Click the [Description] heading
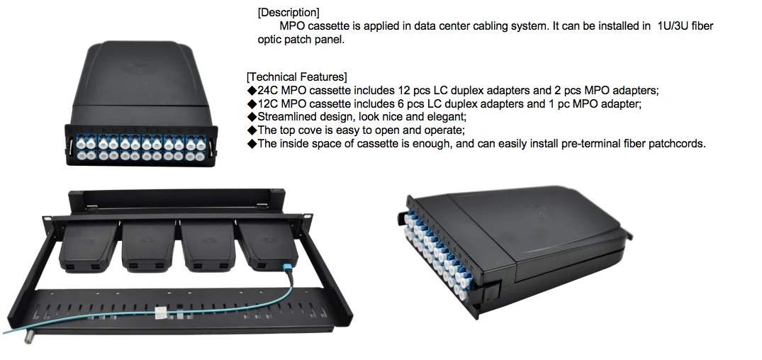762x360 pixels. (288, 12)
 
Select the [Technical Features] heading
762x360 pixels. (296, 77)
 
